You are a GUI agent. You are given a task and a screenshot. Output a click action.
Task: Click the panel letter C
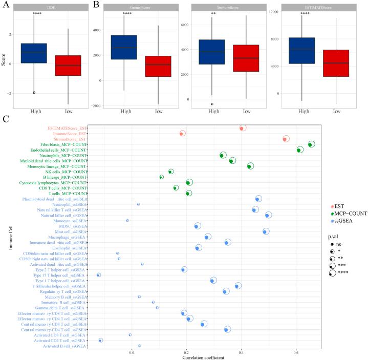pyautogui.click(x=6, y=119)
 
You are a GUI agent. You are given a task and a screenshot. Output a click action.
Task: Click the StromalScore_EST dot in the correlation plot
pyautogui.click(x=286, y=139)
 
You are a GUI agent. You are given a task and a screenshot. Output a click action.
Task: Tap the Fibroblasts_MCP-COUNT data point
pyautogui.click(x=311, y=145)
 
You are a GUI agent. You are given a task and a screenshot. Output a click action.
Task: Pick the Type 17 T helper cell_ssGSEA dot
pyautogui.click(x=99, y=275)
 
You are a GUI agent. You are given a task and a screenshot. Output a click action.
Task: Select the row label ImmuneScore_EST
pyautogui.click(x=70, y=133)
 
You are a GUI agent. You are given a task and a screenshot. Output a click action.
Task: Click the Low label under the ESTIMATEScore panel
pyautogui.click(x=336, y=111)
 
